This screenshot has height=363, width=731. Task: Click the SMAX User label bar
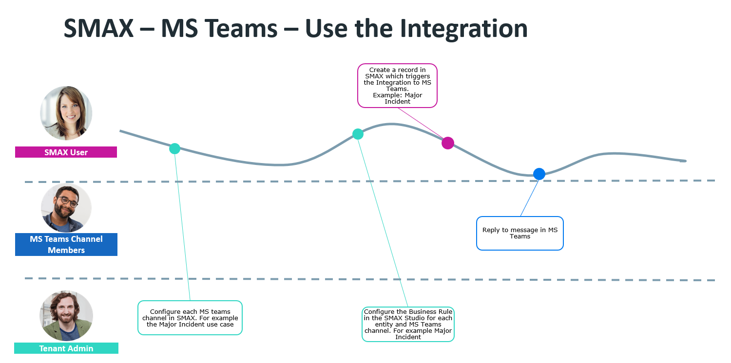tap(66, 152)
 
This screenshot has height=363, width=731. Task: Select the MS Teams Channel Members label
tap(66, 244)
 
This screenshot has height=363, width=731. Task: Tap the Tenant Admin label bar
tap(66, 348)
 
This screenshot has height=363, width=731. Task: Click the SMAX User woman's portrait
tap(66, 113)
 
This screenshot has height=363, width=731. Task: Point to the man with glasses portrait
tap(66, 208)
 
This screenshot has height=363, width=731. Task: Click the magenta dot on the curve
tap(447, 143)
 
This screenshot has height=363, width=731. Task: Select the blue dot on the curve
tap(539, 174)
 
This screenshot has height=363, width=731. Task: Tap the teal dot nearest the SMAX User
tap(174, 148)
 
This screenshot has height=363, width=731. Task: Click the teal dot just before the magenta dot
tap(358, 134)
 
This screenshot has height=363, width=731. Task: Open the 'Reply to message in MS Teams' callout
tap(519, 233)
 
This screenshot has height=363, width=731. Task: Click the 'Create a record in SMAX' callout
tap(397, 86)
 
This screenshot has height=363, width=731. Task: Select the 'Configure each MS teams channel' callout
tap(190, 318)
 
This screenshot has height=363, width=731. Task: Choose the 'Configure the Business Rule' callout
tap(408, 324)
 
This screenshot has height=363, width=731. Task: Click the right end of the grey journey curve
tap(684, 161)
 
